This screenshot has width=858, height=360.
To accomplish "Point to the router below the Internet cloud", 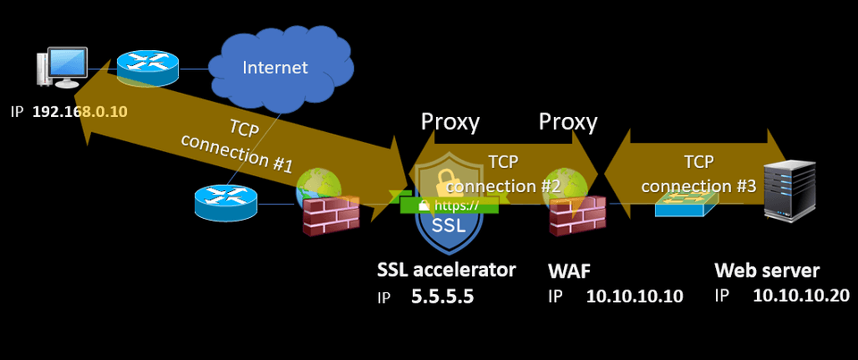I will [x=225, y=203].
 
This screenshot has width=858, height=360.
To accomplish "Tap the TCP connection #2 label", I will [x=502, y=174].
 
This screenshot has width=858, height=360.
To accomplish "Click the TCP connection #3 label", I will [x=698, y=175].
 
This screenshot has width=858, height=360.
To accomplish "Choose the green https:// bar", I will [x=447, y=205].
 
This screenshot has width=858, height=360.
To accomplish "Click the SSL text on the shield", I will [x=448, y=226].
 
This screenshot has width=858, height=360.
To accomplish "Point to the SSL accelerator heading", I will [x=447, y=270].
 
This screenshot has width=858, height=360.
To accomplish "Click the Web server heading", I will [x=767, y=270].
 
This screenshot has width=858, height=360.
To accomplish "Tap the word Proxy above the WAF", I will [x=568, y=121].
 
